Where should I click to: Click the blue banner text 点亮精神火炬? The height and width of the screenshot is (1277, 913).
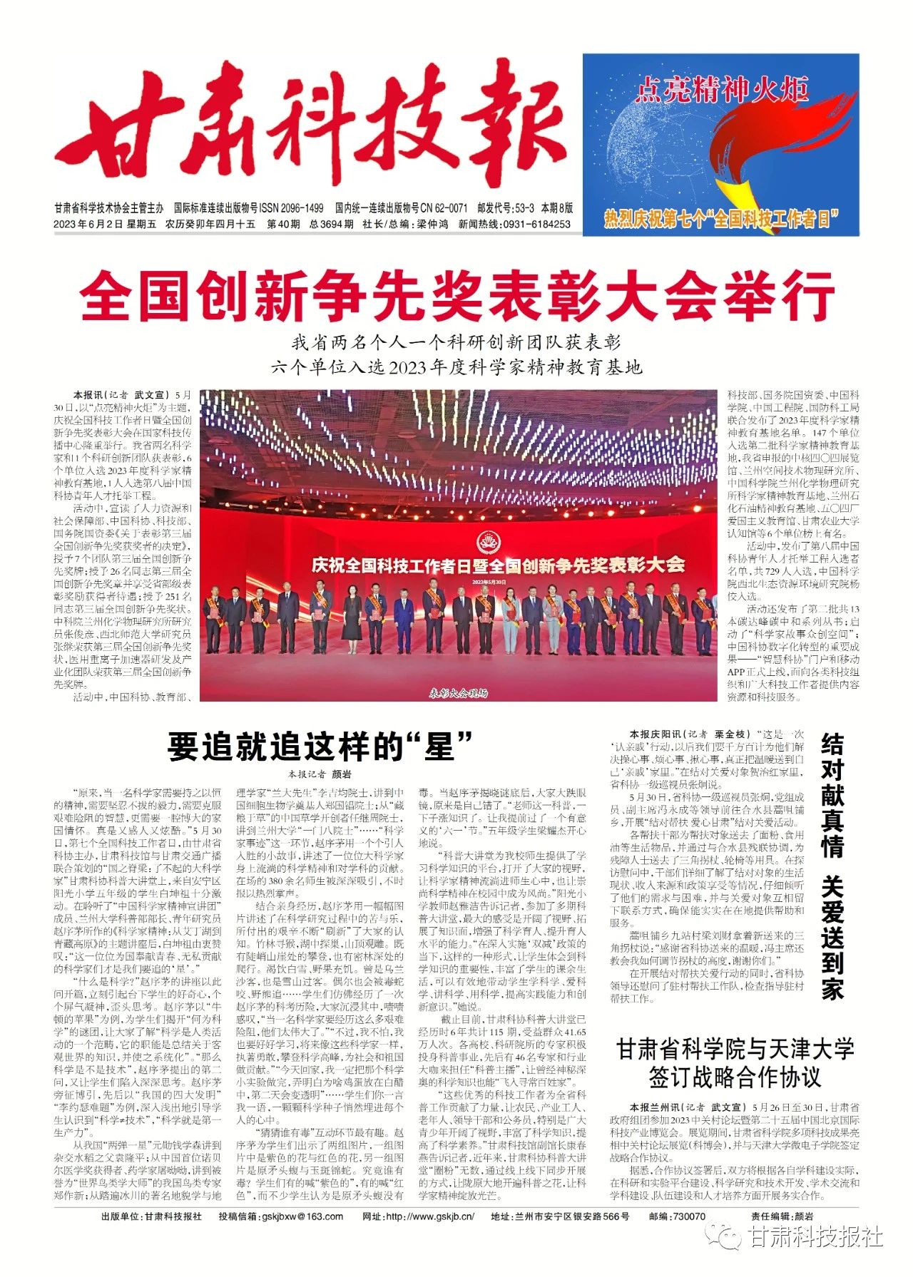[721, 91]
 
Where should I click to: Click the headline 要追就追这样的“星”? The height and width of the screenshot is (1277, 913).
[320, 747]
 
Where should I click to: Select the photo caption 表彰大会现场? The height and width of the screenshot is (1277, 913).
[458, 692]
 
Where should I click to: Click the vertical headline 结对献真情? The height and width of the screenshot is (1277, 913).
[832, 795]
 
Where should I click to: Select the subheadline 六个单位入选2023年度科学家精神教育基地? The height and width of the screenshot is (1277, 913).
[457, 367]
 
